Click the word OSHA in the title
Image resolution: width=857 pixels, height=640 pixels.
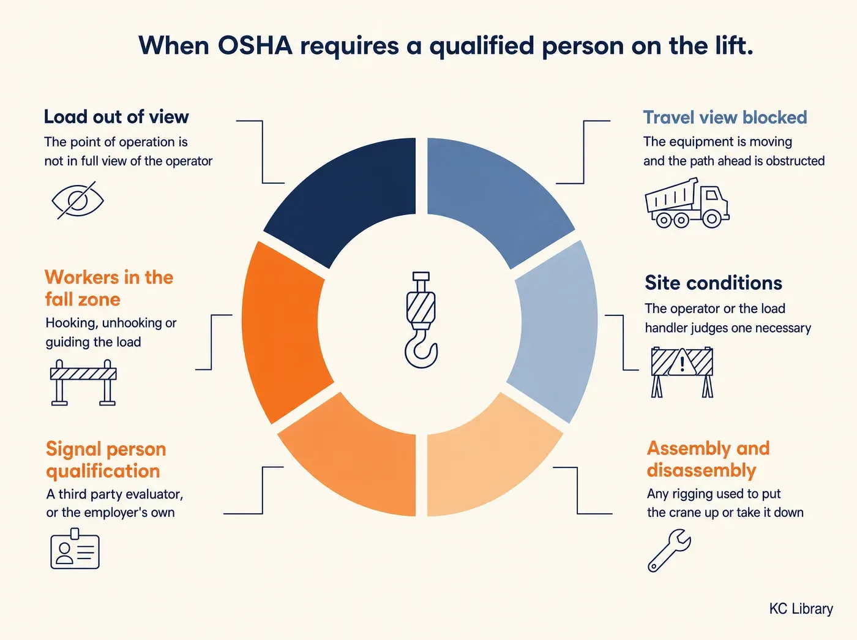255,46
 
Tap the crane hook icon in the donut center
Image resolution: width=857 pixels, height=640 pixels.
421,320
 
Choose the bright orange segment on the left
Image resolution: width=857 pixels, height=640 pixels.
283,332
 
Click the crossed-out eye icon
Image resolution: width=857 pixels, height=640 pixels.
78,200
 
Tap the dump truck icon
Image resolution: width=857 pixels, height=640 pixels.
687,203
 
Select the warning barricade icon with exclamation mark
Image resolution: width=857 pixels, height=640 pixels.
682,372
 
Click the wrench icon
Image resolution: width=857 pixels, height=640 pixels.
669,551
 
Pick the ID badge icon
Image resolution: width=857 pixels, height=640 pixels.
75,548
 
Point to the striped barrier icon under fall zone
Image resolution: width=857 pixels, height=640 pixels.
83,382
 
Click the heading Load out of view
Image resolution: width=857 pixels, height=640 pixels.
116,117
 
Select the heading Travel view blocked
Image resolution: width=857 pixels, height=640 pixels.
725,117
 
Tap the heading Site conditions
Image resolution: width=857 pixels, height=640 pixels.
713,283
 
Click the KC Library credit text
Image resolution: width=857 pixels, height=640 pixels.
801,609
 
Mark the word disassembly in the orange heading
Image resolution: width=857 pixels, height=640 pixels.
702,470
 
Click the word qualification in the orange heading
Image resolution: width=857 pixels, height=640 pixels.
103,472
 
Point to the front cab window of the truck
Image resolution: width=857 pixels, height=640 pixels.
712,194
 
